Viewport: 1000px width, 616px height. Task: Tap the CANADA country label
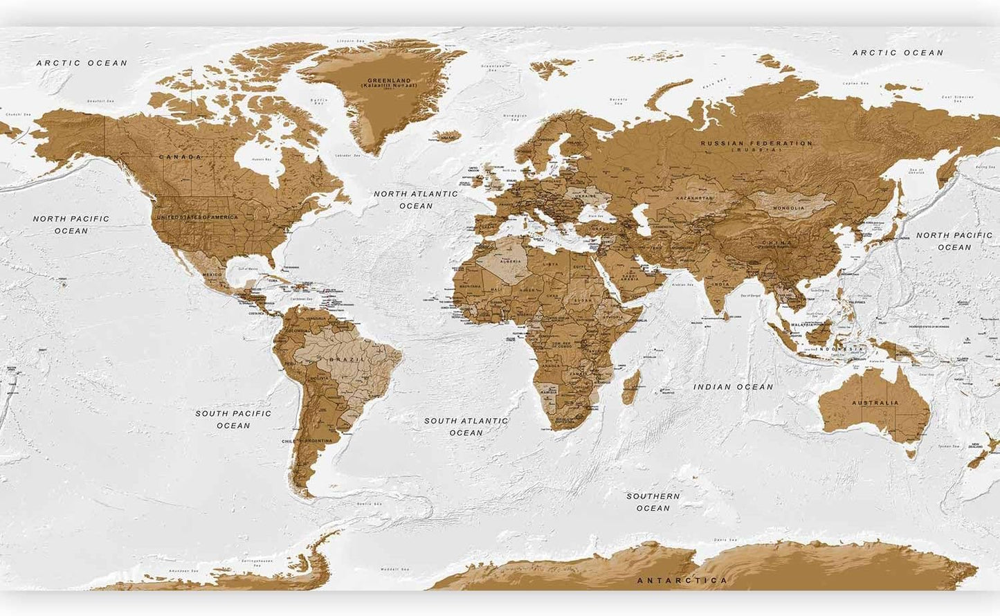(x=181, y=157)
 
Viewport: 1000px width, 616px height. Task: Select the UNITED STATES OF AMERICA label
(x=197, y=217)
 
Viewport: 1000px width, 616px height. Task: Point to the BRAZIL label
(x=347, y=360)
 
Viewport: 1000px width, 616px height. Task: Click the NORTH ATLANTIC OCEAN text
(x=416, y=199)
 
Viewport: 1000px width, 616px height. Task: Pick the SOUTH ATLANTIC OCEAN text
(x=466, y=426)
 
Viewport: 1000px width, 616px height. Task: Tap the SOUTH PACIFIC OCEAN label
(x=233, y=419)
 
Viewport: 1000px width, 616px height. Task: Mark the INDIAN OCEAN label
(x=734, y=387)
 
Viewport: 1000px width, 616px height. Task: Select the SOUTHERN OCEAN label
(x=653, y=502)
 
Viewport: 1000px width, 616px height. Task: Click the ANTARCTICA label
(x=682, y=580)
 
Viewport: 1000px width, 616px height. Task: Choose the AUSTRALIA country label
(x=875, y=402)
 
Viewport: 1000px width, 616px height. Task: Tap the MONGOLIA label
(x=789, y=208)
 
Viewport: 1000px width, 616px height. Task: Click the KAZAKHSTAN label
(x=694, y=198)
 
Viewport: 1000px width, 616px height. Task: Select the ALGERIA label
(x=510, y=261)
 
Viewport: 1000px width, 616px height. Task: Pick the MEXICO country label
(x=212, y=275)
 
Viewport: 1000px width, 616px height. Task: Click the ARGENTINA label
(x=316, y=441)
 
